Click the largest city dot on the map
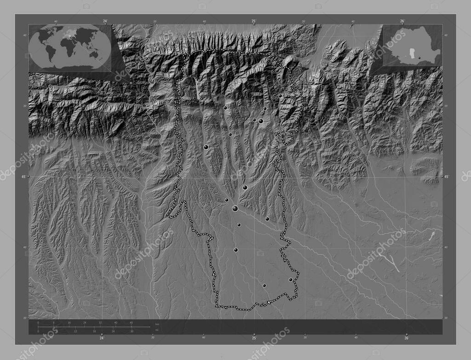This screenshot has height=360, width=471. point(235,209)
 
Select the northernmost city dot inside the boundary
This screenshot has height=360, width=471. point(280,96)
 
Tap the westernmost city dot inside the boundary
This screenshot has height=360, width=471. point(206,147)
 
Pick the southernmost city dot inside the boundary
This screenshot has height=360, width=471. point(264,286)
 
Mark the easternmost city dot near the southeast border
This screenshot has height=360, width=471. point(290,280)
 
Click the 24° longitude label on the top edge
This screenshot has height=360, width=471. point(105,21)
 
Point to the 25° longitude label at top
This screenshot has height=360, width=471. point(254,21)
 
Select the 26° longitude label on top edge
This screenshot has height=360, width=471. point(402,21)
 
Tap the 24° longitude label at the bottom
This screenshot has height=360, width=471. point(102,338)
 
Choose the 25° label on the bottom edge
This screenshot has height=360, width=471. point(254,338)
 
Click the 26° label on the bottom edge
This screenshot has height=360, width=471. point(406,338)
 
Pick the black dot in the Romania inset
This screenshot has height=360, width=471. point(419,57)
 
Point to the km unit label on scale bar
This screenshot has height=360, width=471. point(156,325)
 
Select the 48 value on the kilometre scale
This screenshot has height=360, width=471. point(131,323)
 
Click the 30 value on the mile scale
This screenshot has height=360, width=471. point(132,331)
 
